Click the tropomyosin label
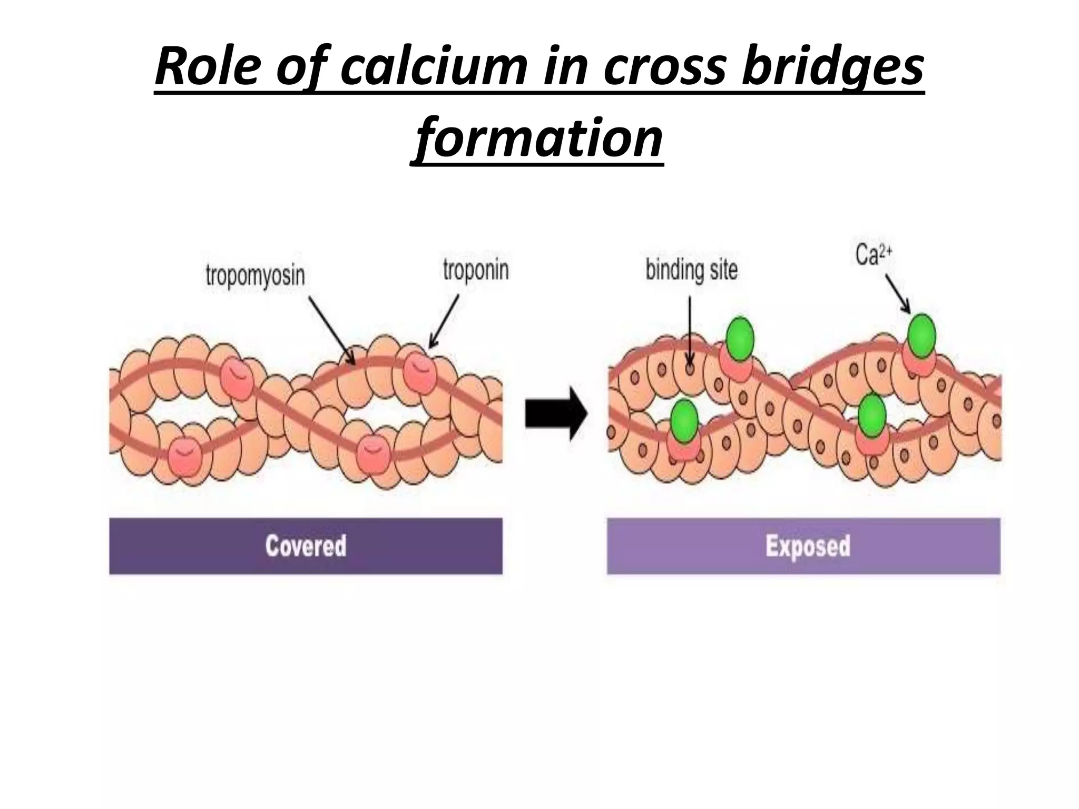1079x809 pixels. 255,276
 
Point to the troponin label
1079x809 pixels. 476,270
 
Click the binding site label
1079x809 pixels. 691,270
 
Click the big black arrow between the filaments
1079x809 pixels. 555,412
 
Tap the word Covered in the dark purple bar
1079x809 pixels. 306,546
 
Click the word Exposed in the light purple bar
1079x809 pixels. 808,546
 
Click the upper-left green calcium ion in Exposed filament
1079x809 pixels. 740,339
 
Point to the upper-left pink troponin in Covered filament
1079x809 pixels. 237,378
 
